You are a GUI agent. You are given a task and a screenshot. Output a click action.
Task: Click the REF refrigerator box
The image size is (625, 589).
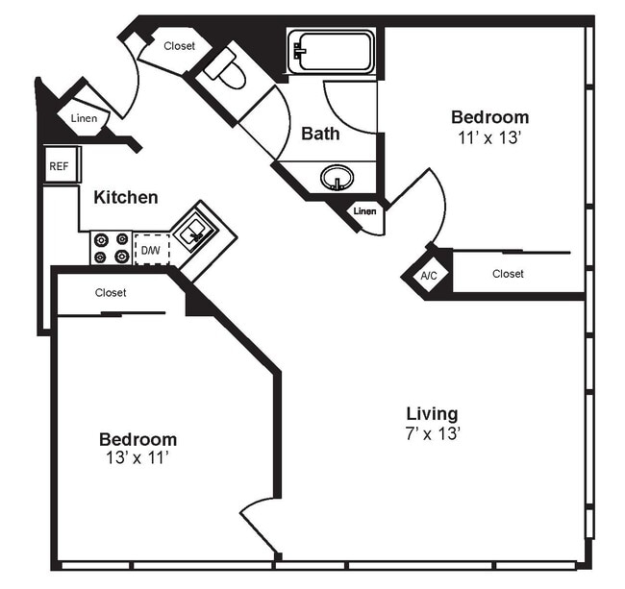click(x=59, y=166)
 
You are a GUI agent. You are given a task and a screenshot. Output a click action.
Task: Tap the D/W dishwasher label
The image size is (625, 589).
click(x=151, y=251)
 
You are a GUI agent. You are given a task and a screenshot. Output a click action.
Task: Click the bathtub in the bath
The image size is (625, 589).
click(x=332, y=51)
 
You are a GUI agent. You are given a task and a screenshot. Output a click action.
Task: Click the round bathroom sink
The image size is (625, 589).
click(x=336, y=178)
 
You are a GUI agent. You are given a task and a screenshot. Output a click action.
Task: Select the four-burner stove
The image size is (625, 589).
click(x=111, y=248)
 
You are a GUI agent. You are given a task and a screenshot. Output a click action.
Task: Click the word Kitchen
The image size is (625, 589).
click(x=126, y=197)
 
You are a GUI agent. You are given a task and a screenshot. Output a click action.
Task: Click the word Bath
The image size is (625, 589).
click(x=320, y=134)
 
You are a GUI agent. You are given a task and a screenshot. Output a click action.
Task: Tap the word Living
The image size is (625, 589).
click(x=432, y=414)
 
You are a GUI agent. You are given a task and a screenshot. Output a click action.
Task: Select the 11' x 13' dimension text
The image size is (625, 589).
click(x=489, y=137)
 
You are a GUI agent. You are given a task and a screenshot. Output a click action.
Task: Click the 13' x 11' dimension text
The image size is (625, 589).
click(x=137, y=457)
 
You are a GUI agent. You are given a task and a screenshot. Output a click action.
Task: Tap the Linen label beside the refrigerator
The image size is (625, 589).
click(x=84, y=118)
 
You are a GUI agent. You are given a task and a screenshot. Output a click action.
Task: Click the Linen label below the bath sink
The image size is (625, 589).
click(x=364, y=211)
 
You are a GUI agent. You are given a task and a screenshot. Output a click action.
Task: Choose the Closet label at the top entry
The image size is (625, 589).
click(x=179, y=45)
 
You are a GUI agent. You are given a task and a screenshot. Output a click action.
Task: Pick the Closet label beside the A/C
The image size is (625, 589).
click(x=508, y=274)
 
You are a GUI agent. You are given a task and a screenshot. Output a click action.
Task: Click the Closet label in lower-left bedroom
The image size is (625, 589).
click(x=111, y=292)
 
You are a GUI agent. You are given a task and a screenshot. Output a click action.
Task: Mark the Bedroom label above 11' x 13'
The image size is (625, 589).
click(x=489, y=117)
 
